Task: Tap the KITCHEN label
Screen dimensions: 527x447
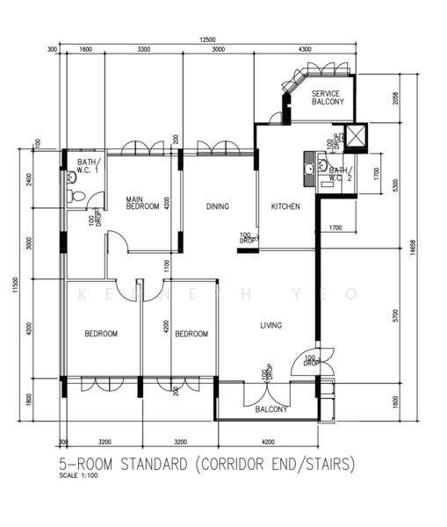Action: pos(285,206)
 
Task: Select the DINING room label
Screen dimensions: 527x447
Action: pos(218,206)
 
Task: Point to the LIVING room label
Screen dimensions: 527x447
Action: pos(270,326)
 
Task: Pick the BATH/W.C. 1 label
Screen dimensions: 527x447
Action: pos(88,167)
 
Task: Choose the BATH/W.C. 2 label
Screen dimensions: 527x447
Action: pos(339,173)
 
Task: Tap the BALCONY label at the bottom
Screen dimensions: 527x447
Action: pos(270,409)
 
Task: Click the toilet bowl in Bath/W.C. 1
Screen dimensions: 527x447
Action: pos(74,197)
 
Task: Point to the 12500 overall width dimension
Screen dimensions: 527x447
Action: pos(206,39)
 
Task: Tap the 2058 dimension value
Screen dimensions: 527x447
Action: pos(396,99)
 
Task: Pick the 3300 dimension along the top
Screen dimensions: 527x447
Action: pos(142,50)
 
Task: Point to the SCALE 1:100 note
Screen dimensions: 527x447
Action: pos(78,477)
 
